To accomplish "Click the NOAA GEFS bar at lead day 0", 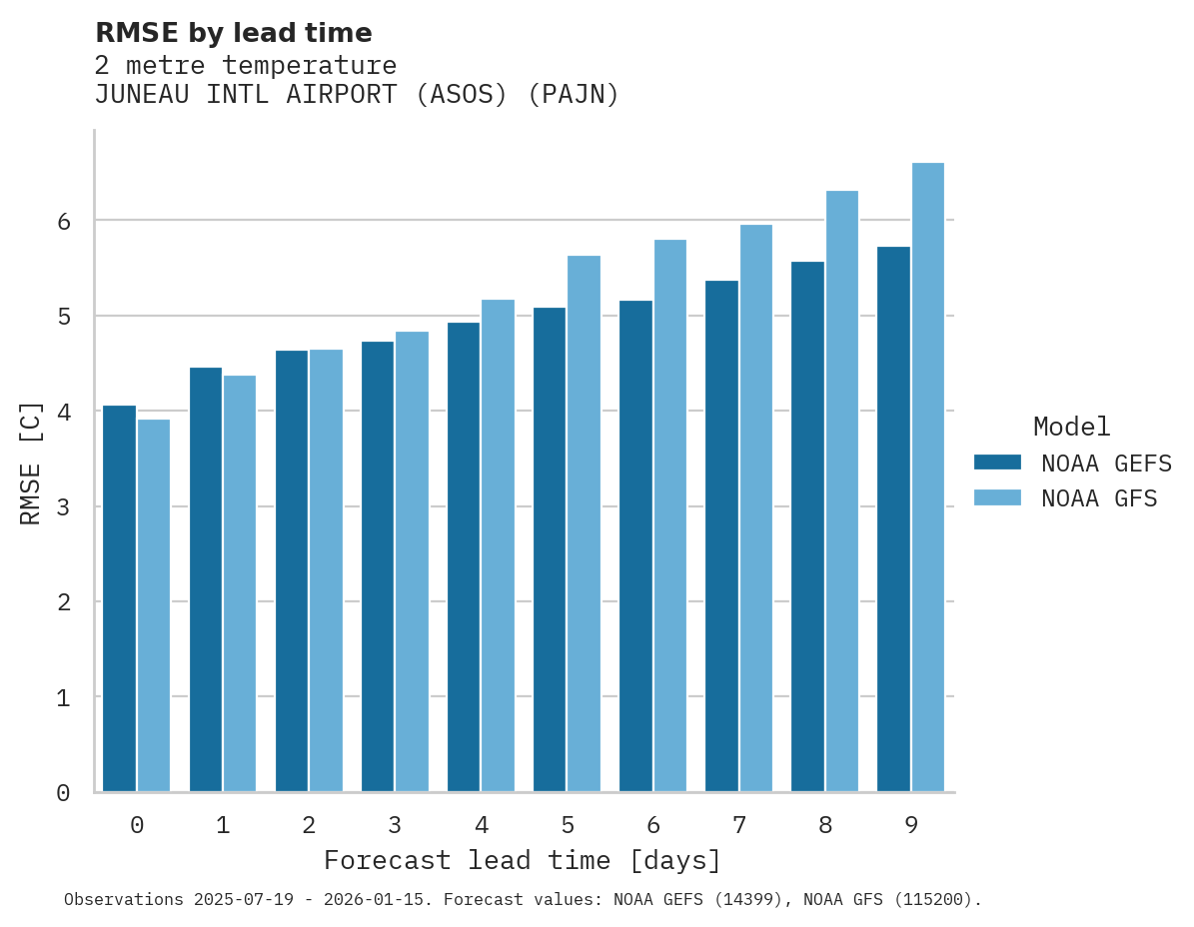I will click(119, 598).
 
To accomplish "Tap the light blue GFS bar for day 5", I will click(585, 523).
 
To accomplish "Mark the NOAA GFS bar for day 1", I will click(240, 583).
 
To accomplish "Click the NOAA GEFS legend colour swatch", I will click(997, 463).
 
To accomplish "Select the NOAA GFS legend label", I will click(1099, 498).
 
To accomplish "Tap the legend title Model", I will click(1071, 427).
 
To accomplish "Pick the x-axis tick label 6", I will click(653, 825).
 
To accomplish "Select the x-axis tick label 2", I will click(309, 825).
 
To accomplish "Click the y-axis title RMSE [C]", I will click(31, 463).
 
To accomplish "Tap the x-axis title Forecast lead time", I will click(522, 860).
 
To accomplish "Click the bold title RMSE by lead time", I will click(233, 33).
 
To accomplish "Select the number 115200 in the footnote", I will click(933, 900).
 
